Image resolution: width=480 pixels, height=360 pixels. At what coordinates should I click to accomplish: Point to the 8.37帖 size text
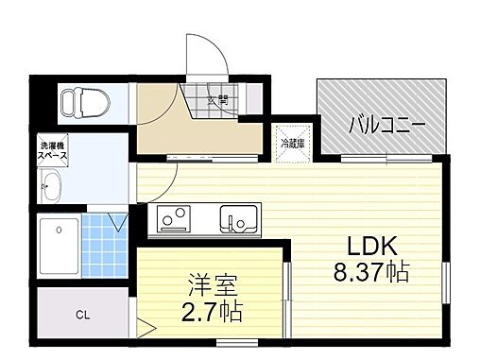(x=371, y=273)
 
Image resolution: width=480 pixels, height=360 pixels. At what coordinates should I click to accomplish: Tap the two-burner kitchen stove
(x=174, y=219)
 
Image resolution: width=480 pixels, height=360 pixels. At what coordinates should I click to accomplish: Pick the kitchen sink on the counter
(x=237, y=219)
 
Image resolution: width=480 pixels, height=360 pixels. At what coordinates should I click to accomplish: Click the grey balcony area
(x=383, y=104)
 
